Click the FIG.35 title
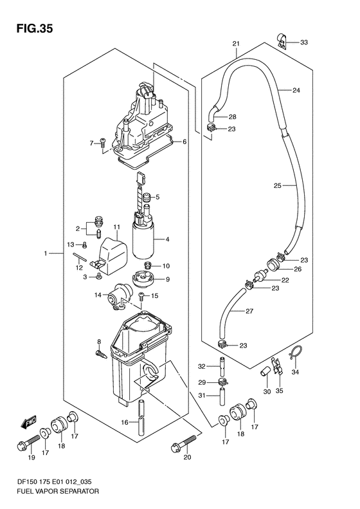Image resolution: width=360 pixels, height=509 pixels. (x=34, y=29)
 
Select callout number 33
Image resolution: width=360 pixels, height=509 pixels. (x=303, y=42)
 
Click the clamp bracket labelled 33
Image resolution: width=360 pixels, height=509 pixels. (x=282, y=42)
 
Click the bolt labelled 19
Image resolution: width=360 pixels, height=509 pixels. (x=28, y=443)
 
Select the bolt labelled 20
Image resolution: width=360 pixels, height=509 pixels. (x=184, y=443)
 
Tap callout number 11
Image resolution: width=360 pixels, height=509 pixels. (x=117, y=227)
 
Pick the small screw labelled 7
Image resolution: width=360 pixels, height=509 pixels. (x=103, y=142)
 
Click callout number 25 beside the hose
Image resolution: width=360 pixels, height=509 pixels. (x=277, y=186)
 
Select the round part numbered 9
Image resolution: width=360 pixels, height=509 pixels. (x=142, y=279)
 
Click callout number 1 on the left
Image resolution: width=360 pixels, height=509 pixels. (x=46, y=253)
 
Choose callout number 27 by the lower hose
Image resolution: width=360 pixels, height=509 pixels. (x=249, y=311)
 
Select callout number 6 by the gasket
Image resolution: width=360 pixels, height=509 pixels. (x=184, y=142)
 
